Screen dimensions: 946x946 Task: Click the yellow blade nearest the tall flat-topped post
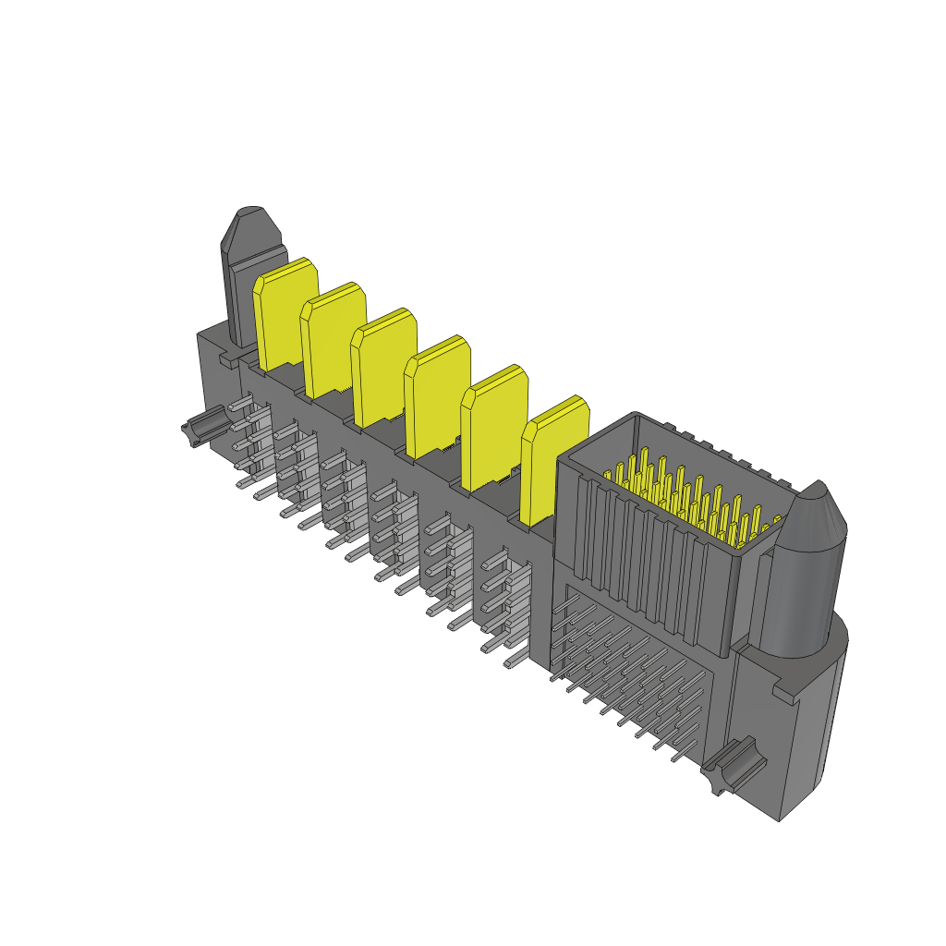pyautogui.click(x=285, y=314)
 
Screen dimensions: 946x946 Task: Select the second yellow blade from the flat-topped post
pyautogui.click(x=333, y=342)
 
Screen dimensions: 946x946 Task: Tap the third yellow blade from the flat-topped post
pyautogui.click(x=382, y=368)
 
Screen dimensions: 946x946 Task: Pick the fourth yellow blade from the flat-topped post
pyautogui.click(x=436, y=395)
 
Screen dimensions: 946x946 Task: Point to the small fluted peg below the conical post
pyautogui.click(x=732, y=765)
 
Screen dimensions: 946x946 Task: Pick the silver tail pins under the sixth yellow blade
pyautogui.click(x=503, y=605)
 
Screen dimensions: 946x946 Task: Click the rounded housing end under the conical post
pyautogui.click(x=813, y=730)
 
